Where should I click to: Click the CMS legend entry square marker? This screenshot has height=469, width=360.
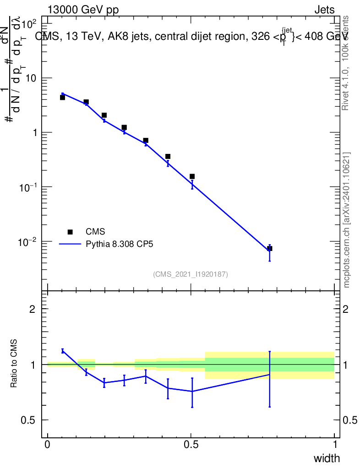pyautogui.click(x=70, y=232)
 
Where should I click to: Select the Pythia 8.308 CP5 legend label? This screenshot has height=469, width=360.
pyautogui.click(x=120, y=244)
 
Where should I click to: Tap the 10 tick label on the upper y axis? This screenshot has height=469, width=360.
pyautogui.click(x=31, y=78)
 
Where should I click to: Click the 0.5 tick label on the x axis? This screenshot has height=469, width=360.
pyautogui.click(x=191, y=444)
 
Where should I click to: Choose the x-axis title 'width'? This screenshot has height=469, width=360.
pyautogui.click(x=327, y=458)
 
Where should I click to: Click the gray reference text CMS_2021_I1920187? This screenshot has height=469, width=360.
pyautogui.click(x=191, y=274)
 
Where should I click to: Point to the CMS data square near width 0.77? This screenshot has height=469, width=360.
pyautogui.click(x=270, y=248)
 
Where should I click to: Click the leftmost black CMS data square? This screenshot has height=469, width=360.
pyautogui.click(x=62, y=98)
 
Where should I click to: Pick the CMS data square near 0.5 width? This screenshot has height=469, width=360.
pyautogui.click(x=192, y=176)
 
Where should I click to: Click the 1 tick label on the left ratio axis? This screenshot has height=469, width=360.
pyautogui.click(x=33, y=365)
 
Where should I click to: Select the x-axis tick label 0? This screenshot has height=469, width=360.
pyautogui.click(x=47, y=444)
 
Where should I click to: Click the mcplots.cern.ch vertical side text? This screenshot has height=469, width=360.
pyautogui.click(x=347, y=220)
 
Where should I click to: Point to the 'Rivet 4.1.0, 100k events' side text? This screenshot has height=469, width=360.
pyautogui.click(x=346, y=63)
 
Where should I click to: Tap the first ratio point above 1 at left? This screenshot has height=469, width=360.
pyautogui.click(x=62, y=351)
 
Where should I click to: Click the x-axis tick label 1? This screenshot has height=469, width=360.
pyautogui.click(x=334, y=444)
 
